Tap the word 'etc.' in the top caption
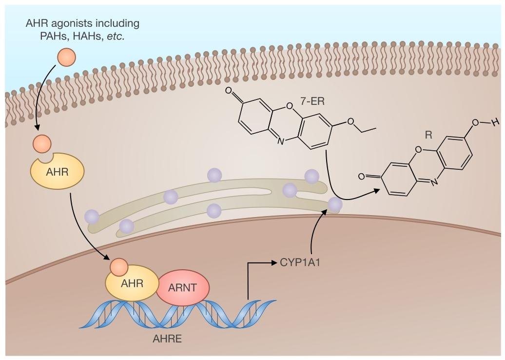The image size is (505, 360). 113,37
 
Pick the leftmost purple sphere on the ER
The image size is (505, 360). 92,216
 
